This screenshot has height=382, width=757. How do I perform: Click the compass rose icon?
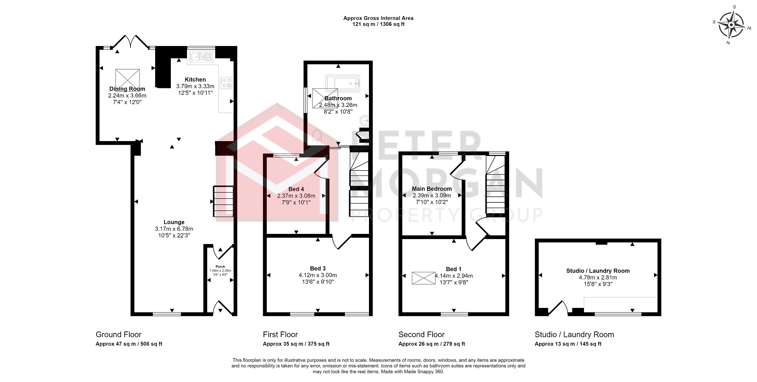point(731,25)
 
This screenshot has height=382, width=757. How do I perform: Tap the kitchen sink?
point(201,57)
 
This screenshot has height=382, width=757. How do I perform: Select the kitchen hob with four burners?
point(226,83)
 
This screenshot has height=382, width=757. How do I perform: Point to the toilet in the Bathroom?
point(317,137)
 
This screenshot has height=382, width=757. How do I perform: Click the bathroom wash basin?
point(364,120)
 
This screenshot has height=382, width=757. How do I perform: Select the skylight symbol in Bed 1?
point(424,278)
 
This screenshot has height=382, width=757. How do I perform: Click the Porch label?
point(220,267)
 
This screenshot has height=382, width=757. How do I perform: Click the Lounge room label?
point(174,222)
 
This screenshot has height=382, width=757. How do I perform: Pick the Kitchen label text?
point(195,80)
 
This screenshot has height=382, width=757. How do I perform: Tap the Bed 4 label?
point(296,189)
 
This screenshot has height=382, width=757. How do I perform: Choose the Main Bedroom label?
point(432,189)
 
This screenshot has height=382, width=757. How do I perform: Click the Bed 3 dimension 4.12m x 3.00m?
point(318,275)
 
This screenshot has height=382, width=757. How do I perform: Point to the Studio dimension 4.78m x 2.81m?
point(598,278)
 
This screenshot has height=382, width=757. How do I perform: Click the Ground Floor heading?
point(119,334)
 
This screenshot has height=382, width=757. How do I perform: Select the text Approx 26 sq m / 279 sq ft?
point(432,344)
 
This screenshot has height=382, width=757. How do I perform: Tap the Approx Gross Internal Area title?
point(378,18)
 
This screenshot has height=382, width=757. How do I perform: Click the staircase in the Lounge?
point(223,201)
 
